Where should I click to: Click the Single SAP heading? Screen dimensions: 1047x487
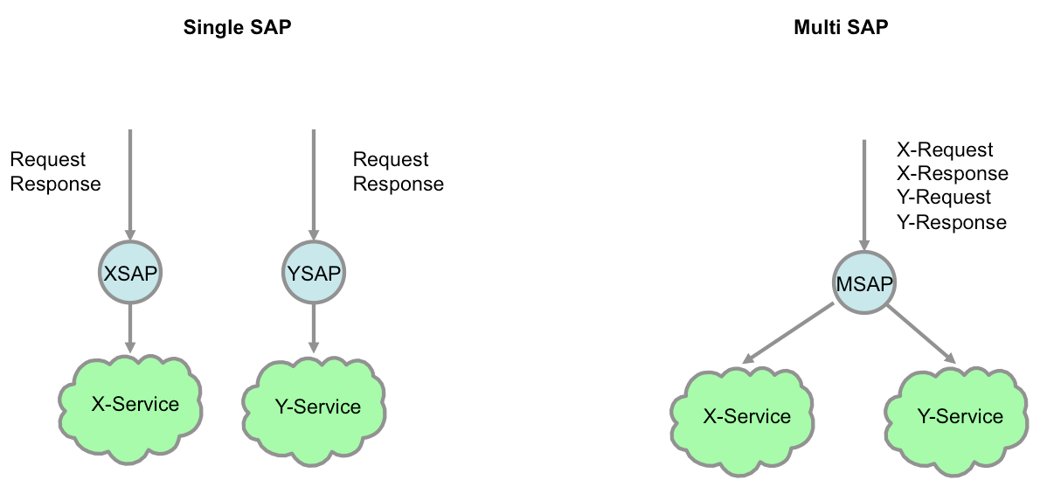tap(238, 27)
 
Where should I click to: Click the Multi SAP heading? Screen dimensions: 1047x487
tap(841, 27)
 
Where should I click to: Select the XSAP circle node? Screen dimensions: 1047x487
tap(130, 273)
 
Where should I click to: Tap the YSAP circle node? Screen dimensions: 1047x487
tap(314, 273)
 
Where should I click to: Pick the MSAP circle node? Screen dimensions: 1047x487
tap(864, 284)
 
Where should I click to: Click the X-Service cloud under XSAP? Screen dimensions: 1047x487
tap(130, 403)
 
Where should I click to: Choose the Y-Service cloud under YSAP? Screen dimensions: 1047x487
tap(314, 406)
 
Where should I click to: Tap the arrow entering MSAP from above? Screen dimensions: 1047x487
tap(864, 196)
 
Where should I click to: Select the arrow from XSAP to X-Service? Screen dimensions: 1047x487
tap(130, 329)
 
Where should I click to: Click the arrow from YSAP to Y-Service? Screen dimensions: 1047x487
tap(314, 329)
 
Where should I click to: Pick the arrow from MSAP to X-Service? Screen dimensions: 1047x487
tap(788, 333)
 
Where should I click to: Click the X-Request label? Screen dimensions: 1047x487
tap(945, 150)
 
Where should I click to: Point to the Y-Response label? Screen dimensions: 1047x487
tap(952, 222)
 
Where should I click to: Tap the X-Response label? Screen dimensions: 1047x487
tap(953, 174)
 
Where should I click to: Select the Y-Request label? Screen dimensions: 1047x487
tap(944, 198)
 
